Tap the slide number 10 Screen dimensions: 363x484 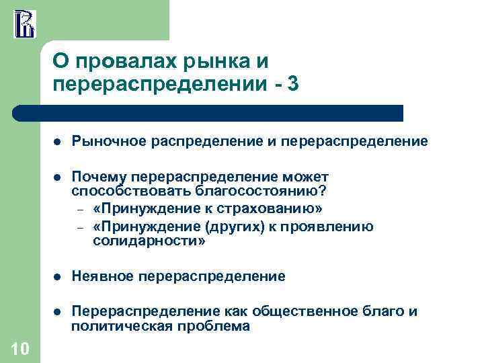pos(20,348)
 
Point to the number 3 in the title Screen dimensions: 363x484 pos(293,85)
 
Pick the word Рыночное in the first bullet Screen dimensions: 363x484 pos(110,142)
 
